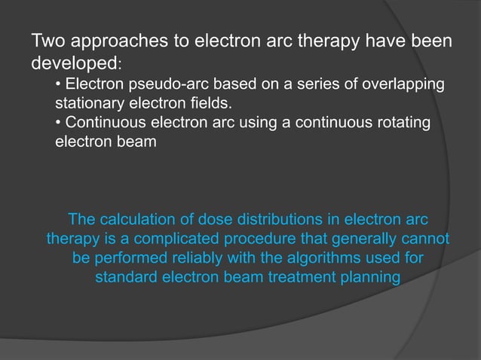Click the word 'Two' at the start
[47, 42]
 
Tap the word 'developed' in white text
[69, 62]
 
